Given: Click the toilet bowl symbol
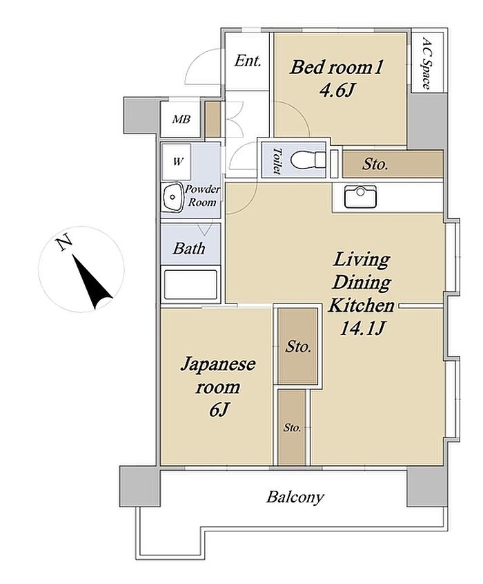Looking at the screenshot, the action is pyautogui.click(x=308, y=160).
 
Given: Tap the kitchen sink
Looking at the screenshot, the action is pyautogui.click(x=360, y=196).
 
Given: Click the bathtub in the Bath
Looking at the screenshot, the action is pyautogui.click(x=190, y=284).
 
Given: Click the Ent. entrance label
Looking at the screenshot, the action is pyautogui.click(x=247, y=61).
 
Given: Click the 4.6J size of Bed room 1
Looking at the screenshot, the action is pyautogui.click(x=336, y=90).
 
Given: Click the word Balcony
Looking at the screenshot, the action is pyautogui.click(x=295, y=497).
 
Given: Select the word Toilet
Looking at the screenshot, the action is pyautogui.click(x=276, y=160).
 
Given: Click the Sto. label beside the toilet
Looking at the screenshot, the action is pyautogui.click(x=375, y=164).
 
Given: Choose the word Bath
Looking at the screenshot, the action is pyautogui.click(x=189, y=248).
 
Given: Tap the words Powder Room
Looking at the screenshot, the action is pyautogui.click(x=202, y=196).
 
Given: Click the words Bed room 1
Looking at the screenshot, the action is pyautogui.click(x=336, y=68).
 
